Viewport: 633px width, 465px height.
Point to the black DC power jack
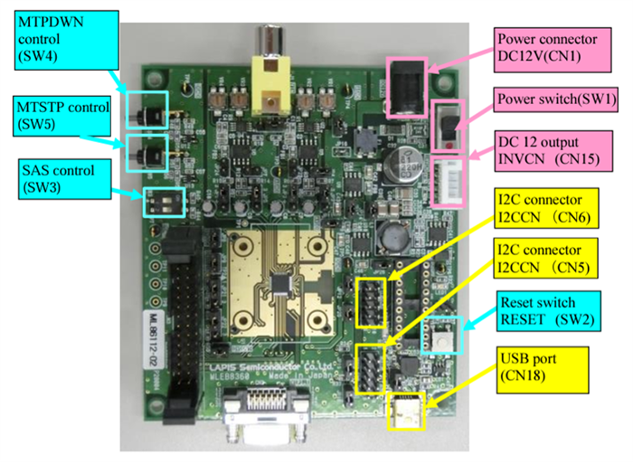[407, 86]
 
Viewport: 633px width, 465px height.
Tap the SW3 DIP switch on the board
[163, 202]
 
